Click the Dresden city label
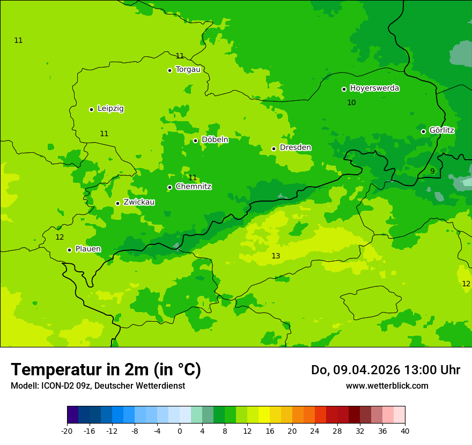point(295,147)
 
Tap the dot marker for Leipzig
point(91,109)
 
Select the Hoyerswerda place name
point(374,88)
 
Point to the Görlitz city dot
point(423,131)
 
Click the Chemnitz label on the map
point(193,187)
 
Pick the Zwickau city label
point(139,202)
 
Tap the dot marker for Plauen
point(69,250)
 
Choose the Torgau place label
point(188,69)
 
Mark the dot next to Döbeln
point(195,141)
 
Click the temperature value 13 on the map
point(276,256)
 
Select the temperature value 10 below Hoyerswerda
point(351,102)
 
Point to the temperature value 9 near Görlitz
point(432,171)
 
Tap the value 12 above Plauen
point(60,237)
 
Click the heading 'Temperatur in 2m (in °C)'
point(106,369)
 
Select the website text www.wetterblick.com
point(387,385)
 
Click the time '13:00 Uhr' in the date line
point(435,370)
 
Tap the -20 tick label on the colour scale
point(67,431)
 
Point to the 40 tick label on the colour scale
point(405,431)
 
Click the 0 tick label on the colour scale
point(180,431)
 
